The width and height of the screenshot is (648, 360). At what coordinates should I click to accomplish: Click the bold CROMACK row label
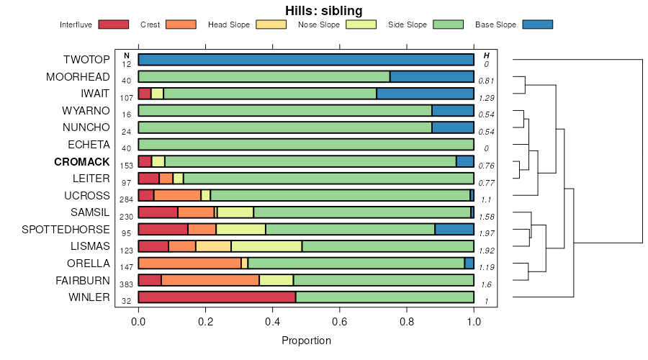pyautogui.click(x=81, y=161)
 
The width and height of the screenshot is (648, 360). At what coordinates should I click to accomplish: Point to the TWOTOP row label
pyautogui.click(x=86, y=60)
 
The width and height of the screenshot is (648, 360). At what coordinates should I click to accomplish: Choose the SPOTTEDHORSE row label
pyautogui.click(x=66, y=230)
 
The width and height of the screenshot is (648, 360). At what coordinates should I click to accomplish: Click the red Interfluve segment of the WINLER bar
pyautogui.click(x=217, y=297)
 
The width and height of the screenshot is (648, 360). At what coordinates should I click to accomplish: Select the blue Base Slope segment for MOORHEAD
pyautogui.click(x=432, y=76)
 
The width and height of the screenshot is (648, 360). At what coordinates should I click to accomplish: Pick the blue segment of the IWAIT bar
pyautogui.click(x=425, y=94)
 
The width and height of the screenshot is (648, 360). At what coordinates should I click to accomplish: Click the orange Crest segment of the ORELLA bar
pyautogui.click(x=189, y=263)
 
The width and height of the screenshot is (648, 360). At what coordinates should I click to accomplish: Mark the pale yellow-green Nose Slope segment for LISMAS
pyautogui.click(x=266, y=246)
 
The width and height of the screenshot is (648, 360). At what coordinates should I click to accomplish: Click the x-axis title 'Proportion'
pyautogui.click(x=306, y=341)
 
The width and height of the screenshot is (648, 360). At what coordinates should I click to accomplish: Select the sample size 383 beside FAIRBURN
pyautogui.click(x=126, y=285)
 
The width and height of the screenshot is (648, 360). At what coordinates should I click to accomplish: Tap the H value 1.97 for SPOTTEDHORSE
pyautogui.click(x=487, y=234)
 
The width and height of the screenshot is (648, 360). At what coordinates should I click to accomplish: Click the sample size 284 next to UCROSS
pyautogui.click(x=126, y=199)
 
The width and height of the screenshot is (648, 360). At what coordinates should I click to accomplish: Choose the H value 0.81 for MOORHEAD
pyautogui.click(x=487, y=81)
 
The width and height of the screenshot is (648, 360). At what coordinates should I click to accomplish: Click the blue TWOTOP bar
pyautogui.click(x=306, y=60)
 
